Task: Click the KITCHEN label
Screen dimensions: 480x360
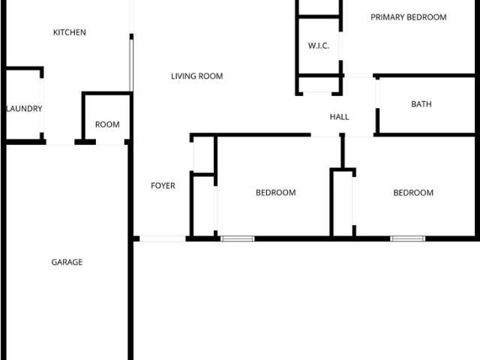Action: click(x=70, y=32)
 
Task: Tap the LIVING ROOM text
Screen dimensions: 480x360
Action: click(x=196, y=76)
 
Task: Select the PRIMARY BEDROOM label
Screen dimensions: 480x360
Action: click(x=408, y=17)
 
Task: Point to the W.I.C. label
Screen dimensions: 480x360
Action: click(x=319, y=46)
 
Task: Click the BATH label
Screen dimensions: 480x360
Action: click(x=421, y=104)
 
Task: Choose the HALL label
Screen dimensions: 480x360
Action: click(x=340, y=117)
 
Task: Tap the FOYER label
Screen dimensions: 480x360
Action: click(x=163, y=185)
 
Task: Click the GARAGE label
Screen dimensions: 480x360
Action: click(x=67, y=262)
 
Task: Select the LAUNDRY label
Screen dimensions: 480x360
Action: click(x=24, y=109)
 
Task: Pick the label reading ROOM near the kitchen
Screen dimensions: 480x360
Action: click(x=107, y=124)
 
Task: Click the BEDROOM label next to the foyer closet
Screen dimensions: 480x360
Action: click(x=276, y=193)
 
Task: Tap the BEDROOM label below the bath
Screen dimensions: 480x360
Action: click(x=413, y=193)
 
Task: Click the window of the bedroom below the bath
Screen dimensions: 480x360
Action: click(x=408, y=238)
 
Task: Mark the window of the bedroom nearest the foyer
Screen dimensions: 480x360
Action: click(x=237, y=238)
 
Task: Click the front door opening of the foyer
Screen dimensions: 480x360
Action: click(x=163, y=238)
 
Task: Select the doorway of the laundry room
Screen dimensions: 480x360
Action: click(x=42, y=105)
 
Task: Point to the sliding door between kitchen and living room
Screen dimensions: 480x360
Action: click(x=131, y=65)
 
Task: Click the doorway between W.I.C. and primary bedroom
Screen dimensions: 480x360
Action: click(x=340, y=46)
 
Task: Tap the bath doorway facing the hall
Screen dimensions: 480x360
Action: click(x=377, y=94)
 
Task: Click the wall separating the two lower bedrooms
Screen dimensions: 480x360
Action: click(x=343, y=151)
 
